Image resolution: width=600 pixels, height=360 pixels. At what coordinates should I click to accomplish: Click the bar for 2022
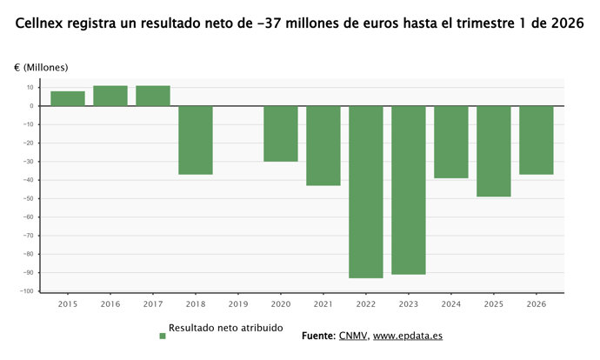366,191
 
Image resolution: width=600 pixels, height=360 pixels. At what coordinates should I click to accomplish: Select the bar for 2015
68,98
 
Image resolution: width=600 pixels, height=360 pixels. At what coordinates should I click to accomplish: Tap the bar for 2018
196,140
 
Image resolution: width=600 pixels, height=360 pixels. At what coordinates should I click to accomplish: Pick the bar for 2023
409,190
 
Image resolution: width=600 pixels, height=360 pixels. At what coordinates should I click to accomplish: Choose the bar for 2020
281,134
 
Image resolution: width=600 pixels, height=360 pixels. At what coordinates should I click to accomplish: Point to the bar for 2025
494,151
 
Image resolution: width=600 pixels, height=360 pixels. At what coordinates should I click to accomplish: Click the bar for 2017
153,96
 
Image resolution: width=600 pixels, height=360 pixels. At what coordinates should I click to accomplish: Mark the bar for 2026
537,140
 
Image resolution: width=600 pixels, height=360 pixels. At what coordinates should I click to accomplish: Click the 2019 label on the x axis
238,304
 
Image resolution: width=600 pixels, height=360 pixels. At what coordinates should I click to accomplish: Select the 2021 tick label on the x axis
323,304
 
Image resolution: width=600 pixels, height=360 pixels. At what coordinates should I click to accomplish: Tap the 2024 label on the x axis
451,304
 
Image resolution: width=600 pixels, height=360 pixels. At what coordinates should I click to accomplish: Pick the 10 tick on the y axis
30,87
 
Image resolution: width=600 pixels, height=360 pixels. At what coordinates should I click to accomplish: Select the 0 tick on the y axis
31,106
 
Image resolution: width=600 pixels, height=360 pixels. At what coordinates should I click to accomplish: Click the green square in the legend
162,336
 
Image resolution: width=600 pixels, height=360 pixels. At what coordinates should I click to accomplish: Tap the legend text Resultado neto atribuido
225,329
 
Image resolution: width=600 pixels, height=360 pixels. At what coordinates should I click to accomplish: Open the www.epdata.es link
408,336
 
